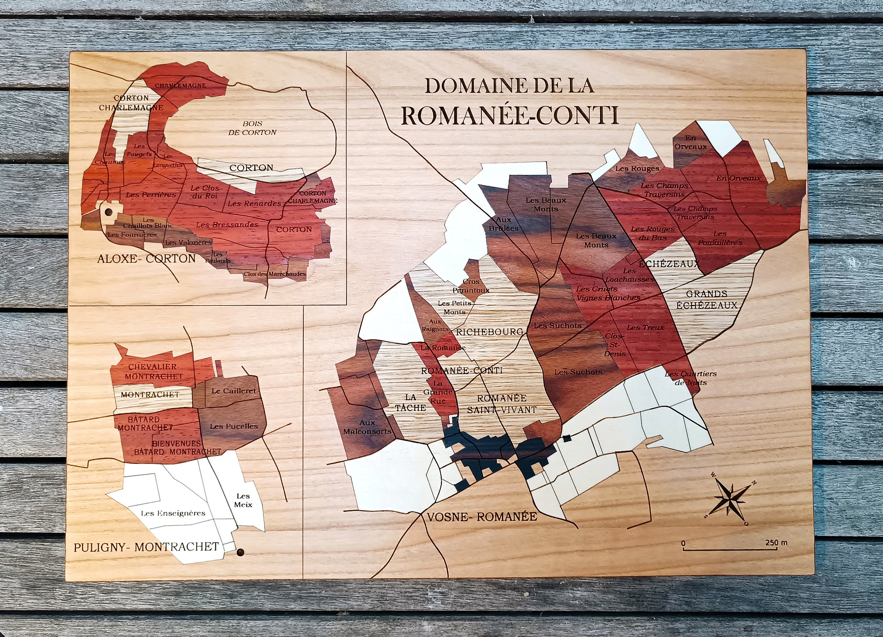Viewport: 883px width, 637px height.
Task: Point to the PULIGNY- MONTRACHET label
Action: coord(146,547)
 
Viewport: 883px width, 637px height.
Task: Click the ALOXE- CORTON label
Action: coord(146,258)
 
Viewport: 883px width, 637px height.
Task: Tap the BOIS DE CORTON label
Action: coord(252,128)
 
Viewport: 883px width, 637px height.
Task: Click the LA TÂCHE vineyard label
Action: coord(410,402)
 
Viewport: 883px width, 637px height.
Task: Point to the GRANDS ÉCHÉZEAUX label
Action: coord(707,299)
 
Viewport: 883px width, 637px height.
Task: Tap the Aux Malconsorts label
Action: coord(367,427)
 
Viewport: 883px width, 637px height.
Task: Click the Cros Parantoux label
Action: coord(471,286)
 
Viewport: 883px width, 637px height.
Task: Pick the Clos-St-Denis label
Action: coord(615,345)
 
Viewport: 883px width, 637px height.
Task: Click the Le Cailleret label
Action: coord(234,391)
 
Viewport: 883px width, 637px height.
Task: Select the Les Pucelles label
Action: coord(234,426)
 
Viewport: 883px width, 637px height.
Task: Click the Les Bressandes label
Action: coord(227,225)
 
